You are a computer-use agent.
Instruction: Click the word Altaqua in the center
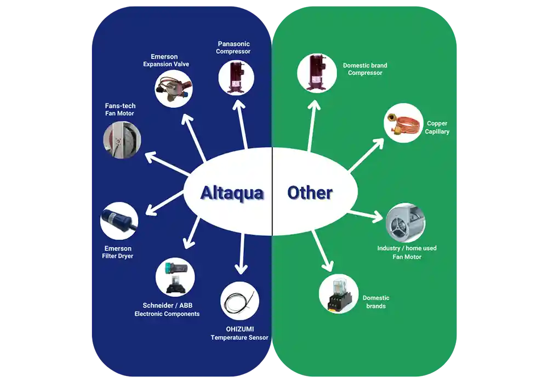pyautogui.click(x=232, y=193)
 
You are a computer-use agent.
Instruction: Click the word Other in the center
pyautogui.click(x=310, y=193)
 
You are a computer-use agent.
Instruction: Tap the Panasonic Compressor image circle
pyautogui.click(x=236, y=76)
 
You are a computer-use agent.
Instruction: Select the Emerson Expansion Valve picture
pyautogui.click(x=173, y=88)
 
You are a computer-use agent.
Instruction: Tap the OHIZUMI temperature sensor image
pyautogui.click(x=239, y=301)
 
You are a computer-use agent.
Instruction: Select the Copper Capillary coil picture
pyautogui.click(x=403, y=124)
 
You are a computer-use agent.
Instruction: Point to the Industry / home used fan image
pyautogui.click(x=406, y=223)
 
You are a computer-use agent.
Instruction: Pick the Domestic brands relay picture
pyautogui.click(x=338, y=293)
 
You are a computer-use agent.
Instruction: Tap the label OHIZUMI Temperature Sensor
pyautogui.click(x=239, y=334)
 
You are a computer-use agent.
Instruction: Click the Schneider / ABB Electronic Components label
pyautogui.click(x=167, y=310)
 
